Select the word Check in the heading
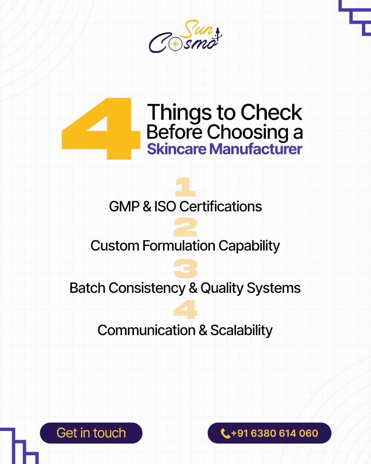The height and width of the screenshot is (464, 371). point(271,112)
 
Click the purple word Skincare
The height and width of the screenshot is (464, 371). point(177,149)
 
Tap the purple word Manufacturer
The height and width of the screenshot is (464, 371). point(256,149)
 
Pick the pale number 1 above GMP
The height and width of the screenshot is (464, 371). point(185,187)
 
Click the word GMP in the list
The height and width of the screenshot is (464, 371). point(124,207)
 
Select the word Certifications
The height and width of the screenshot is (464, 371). point(221,207)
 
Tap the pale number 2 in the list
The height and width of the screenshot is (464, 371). point(185,227)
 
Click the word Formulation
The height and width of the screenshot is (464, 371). point(179,246)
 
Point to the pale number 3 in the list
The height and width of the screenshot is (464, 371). point(185,268)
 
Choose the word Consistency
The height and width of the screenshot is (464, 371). point(147,288)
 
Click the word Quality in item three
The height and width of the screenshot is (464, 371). point(222,288)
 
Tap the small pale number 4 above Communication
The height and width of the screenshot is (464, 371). point(185,309)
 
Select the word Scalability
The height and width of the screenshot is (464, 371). point(241,331)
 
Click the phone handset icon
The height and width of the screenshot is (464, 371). point(225,434)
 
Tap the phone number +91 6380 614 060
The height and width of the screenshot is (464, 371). point(274,433)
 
